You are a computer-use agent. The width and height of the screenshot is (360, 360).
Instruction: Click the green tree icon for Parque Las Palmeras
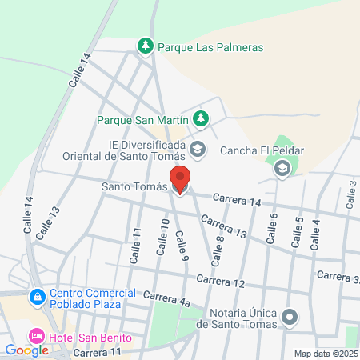[146, 47]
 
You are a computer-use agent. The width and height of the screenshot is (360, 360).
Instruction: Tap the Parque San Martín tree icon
[202, 120]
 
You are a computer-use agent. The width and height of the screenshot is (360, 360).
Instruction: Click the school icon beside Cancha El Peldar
[282, 168]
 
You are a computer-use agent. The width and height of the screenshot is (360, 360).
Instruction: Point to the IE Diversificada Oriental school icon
[197, 149]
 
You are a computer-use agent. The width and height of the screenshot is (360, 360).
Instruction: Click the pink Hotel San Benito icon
[37, 337]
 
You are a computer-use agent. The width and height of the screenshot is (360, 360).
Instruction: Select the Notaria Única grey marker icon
[290, 318]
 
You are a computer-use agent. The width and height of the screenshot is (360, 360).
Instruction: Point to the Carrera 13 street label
[223, 227]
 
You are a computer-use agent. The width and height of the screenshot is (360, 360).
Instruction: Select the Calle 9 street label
[182, 244]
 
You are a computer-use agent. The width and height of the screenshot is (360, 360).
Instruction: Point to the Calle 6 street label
[272, 228]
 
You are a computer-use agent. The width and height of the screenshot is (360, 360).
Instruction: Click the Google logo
[26, 350]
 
